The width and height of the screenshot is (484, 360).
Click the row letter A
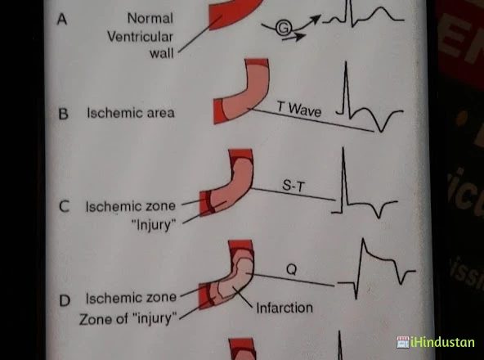[x=62, y=19]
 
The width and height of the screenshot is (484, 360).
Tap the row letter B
[x=63, y=114]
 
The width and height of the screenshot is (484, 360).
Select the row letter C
[x=64, y=206]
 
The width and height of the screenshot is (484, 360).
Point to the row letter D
[x=65, y=300]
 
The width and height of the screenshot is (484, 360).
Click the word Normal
[x=150, y=18]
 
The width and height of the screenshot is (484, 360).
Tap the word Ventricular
[x=140, y=37]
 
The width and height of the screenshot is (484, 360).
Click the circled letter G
[x=284, y=29]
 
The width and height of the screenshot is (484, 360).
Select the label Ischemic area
[x=131, y=113]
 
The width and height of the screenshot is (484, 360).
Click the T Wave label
[x=299, y=109]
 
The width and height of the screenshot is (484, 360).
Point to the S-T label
[x=294, y=186]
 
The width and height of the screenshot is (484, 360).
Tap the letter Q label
[x=292, y=269]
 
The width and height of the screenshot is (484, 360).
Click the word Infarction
[x=285, y=308]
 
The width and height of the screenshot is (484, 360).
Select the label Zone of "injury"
[x=128, y=318]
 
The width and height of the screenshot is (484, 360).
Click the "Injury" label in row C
[x=154, y=225]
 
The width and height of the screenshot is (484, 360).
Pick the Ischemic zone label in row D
[x=131, y=298]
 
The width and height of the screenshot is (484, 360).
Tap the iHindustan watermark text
[x=442, y=342]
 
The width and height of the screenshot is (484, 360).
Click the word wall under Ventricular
[x=161, y=53]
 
